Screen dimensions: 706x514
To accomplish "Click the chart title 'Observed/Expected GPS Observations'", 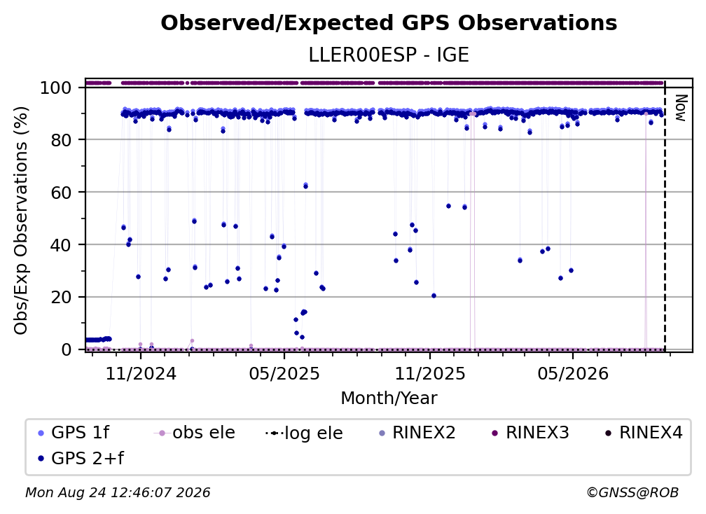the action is (x=389, y=23).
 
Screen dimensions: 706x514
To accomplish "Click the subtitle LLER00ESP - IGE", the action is (x=389, y=55).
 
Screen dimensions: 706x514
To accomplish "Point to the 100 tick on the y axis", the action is (x=55, y=88).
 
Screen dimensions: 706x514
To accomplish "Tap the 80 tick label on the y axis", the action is (x=61, y=140).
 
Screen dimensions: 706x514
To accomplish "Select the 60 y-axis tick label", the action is (x=61, y=193).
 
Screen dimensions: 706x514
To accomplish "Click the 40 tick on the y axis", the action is (x=61, y=245).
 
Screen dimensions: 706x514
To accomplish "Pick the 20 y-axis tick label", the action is (x=61, y=298).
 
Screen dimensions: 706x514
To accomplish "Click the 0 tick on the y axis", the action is (x=67, y=349).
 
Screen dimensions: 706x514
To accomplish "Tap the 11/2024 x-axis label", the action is (x=141, y=373).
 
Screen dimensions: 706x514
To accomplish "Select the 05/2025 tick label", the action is (x=284, y=373).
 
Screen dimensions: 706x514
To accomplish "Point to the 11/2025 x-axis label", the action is (x=430, y=373).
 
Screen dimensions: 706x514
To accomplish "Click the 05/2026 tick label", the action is (x=573, y=373).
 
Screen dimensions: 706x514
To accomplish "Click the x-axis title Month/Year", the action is (x=389, y=398).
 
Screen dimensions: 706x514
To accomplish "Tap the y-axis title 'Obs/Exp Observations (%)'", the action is (x=21, y=221).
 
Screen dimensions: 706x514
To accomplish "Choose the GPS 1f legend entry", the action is (x=74, y=433).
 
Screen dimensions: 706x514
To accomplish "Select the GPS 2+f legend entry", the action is (x=81, y=459).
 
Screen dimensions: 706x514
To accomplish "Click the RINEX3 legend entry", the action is (x=530, y=433).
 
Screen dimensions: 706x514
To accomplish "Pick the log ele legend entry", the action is (x=305, y=433).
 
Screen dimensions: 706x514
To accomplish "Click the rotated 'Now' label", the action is (x=680, y=108).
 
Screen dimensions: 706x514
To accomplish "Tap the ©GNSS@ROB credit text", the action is (x=632, y=493).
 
